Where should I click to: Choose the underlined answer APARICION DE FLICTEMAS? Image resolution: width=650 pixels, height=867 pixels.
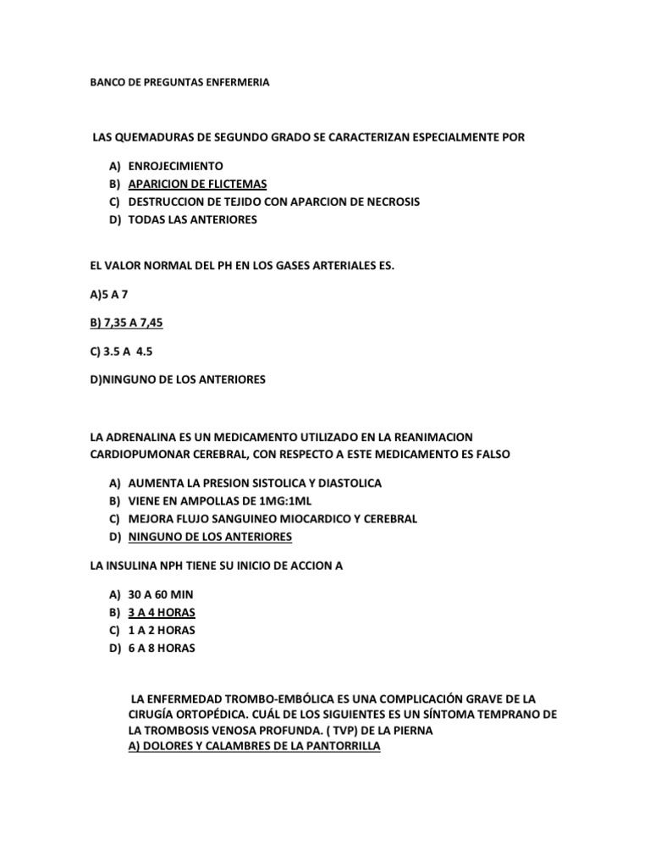click(197, 184)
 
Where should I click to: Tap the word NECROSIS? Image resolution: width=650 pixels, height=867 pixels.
click(390, 202)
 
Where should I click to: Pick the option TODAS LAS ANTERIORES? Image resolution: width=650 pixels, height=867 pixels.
click(192, 220)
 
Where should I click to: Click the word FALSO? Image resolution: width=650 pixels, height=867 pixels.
click(488, 455)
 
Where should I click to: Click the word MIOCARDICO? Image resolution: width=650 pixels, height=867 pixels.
click(321, 518)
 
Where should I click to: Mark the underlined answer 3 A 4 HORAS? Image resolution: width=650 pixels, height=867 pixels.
click(162, 612)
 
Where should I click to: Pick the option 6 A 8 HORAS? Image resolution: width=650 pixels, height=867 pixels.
click(161, 649)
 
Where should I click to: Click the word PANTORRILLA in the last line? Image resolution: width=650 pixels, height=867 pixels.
click(334, 747)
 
